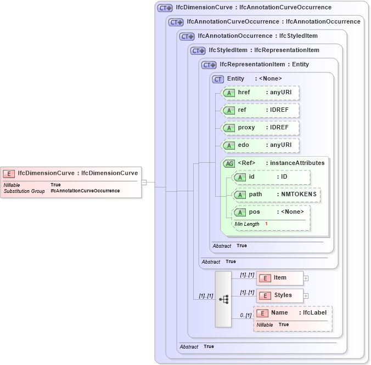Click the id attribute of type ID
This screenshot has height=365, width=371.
pos(271,177)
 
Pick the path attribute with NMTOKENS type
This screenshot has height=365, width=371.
pos(277,195)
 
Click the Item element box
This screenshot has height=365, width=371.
pos(280,278)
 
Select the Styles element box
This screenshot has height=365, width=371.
pos(280,295)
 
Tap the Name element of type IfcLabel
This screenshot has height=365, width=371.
pos(293,313)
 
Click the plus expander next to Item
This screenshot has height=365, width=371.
pos(306,278)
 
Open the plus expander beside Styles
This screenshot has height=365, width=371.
pos(306,296)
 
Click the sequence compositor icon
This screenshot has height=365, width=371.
pos(223,299)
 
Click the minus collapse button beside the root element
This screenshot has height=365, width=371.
pos(144,182)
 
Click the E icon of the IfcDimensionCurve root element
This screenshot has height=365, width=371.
pos(9,174)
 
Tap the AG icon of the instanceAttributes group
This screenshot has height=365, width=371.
pos(229,163)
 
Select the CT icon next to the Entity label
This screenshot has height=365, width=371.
pos(218,79)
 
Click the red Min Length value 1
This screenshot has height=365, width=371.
pos(266,224)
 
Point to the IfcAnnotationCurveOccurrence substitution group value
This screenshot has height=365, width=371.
pos(85,191)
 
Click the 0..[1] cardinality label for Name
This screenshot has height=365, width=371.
pos(245,315)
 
